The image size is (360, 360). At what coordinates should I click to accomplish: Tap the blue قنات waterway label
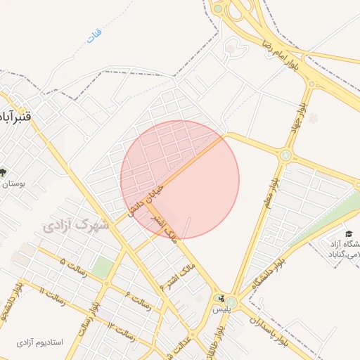(94, 34)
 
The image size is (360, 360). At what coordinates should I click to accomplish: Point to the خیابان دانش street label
(146, 200)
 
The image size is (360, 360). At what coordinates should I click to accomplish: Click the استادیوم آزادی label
(39, 342)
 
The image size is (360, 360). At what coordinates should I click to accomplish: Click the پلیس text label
(221, 309)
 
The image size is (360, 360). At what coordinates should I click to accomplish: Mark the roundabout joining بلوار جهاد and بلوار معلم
(285, 155)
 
